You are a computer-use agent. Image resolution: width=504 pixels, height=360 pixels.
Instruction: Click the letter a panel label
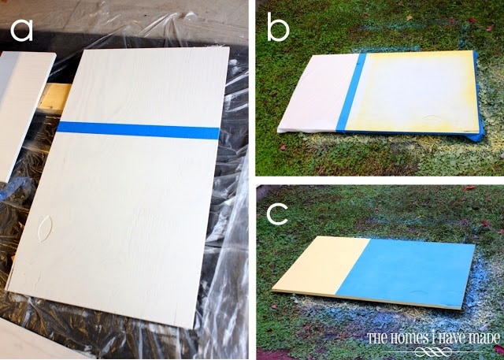click(x=21, y=32)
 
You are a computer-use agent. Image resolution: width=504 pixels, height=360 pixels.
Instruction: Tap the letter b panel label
click(x=278, y=28)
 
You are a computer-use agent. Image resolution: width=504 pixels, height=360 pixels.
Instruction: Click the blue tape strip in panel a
click(x=139, y=130)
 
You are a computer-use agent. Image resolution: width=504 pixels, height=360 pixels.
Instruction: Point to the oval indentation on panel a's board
click(x=44, y=228)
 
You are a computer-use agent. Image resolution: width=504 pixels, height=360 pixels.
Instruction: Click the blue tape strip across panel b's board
click(x=351, y=92)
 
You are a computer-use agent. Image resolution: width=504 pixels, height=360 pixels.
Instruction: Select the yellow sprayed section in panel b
click(x=415, y=91)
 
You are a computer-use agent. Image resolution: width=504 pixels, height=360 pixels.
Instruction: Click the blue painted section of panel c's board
click(x=406, y=273)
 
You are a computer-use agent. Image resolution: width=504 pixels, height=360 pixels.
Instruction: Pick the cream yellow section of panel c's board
click(x=321, y=265)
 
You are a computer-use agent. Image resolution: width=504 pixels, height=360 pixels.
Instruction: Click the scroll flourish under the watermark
click(x=433, y=351)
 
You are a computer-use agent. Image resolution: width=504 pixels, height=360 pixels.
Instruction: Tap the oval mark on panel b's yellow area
click(x=431, y=119)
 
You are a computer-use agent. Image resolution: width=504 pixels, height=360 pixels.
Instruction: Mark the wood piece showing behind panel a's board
click(x=55, y=96)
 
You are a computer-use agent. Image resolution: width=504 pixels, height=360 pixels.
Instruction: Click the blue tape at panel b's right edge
click(x=478, y=96)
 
